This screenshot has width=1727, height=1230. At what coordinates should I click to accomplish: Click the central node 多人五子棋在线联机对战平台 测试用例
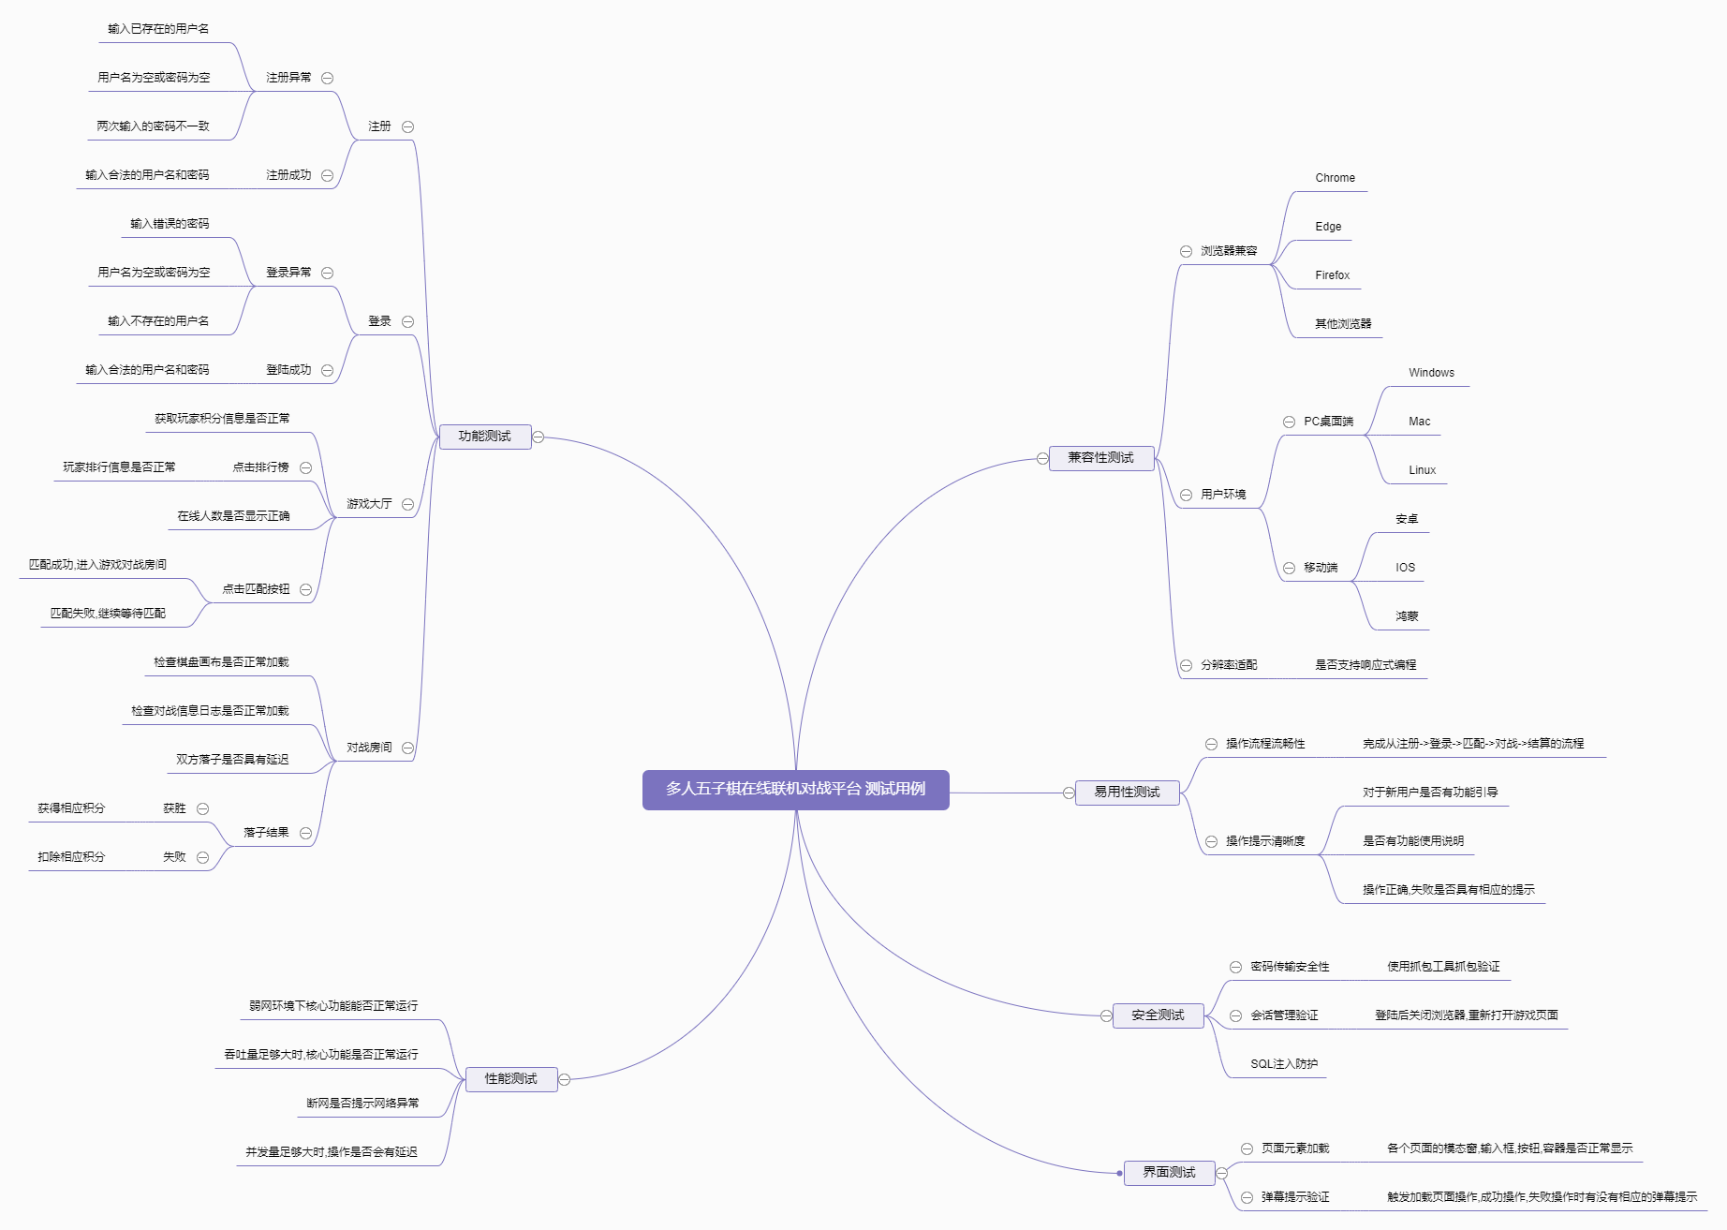(795, 789)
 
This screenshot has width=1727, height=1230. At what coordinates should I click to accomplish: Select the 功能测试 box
(484, 437)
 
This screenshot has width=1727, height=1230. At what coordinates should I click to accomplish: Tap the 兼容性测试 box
(1100, 458)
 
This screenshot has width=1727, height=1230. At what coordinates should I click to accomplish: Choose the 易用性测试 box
(1127, 793)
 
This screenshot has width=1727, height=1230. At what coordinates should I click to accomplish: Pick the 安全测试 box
(1158, 1015)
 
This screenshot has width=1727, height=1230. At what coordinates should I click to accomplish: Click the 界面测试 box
(1169, 1173)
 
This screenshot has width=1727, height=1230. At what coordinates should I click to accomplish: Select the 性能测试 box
(510, 1079)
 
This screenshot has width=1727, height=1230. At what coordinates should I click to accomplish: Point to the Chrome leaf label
(1335, 178)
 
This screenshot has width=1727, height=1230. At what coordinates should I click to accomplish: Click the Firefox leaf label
(1332, 275)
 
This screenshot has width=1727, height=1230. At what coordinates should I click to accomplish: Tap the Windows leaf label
(1431, 373)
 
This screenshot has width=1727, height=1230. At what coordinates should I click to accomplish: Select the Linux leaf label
(1422, 470)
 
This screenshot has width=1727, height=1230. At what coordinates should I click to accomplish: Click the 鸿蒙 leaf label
(1407, 616)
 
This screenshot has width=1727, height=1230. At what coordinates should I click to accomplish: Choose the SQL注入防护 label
(1283, 1064)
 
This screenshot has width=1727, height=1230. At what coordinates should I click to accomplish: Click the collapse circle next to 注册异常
(328, 78)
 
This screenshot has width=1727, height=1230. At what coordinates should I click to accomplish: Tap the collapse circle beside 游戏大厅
(407, 504)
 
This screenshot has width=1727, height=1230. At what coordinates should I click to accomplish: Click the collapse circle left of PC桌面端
(1289, 422)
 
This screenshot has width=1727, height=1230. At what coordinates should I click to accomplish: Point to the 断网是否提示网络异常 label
(362, 1104)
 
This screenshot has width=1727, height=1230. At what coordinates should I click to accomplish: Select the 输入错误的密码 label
(170, 224)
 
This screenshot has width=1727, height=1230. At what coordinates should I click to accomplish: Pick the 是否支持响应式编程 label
(1365, 665)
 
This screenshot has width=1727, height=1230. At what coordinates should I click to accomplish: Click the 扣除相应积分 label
(71, 857)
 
